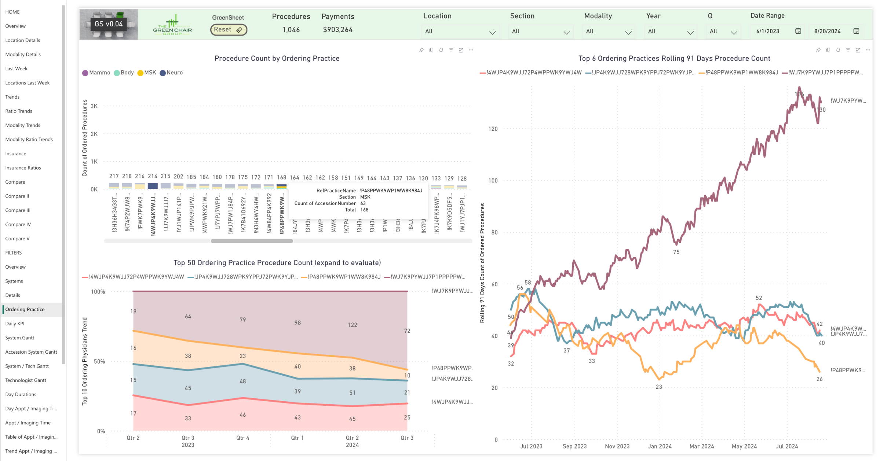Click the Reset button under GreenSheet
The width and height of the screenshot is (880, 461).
tap(229, 30)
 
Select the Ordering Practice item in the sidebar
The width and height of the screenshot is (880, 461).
tap(25, 309)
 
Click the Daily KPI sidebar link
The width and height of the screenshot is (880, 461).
tap(15, 324)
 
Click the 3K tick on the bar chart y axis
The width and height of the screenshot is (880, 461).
tap(94, 106)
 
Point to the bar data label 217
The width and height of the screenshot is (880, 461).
tap(114, 176)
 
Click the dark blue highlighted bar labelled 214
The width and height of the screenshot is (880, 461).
tap(153, 186)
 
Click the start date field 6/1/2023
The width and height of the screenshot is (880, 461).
tap(768, 32)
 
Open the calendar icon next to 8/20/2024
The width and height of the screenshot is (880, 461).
tap(856, 31)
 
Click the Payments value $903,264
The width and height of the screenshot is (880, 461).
tap(337, 30)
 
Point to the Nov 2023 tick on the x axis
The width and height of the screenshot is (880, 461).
tap(617, 446)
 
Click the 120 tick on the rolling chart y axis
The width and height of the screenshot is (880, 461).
tap(493, 129)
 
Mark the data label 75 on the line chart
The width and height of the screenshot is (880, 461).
tap(676, 252)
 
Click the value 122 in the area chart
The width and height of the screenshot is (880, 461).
tap(352, 325)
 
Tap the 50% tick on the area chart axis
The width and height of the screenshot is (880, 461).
tap(99, 362)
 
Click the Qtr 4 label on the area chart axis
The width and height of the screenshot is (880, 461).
tap(242, 438)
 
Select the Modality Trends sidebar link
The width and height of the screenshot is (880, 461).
tap(23, 125)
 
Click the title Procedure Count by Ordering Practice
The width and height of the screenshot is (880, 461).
tap(277, 58)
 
